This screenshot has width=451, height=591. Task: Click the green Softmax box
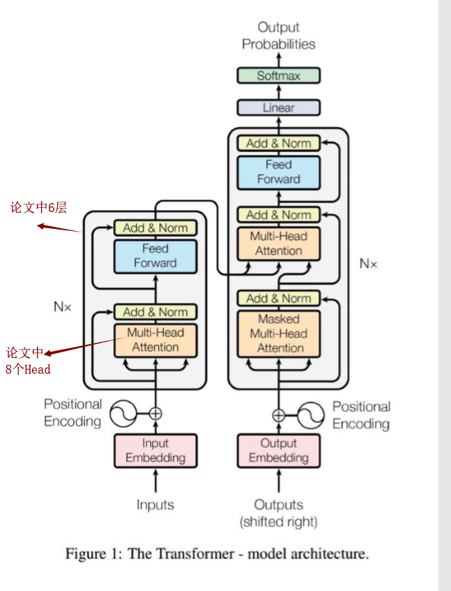(x=278, y=75)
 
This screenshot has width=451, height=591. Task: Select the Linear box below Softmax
(x=278, y=107)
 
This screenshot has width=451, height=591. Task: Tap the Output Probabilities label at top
(x=278, y=36)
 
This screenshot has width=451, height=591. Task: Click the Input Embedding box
(x=155, y=450)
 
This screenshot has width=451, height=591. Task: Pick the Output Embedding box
(x=278, y=450)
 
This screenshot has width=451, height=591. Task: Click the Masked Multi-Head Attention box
(x=278, y=334)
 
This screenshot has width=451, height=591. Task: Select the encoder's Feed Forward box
(x=155, y=256)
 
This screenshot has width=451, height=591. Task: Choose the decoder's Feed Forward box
(x=278, y=173)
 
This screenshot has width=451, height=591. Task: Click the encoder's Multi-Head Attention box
(x=155, y=340)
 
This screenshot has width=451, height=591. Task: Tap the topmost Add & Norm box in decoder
(x=278, y=143)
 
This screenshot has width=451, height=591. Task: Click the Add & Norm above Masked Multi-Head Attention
(x=278, y=298)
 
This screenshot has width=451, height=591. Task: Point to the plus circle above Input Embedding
(x=156, y=412)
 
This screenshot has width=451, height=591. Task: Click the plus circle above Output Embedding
(x=278, y=415)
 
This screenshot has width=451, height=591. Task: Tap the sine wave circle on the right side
(x=310, y=415)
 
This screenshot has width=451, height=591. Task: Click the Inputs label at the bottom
(x=155, y=505)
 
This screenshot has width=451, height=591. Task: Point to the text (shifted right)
(x=278, y=522)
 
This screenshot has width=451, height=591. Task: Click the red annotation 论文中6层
(x=39, y=208)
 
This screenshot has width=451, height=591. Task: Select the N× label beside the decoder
(x=368, y=264)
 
